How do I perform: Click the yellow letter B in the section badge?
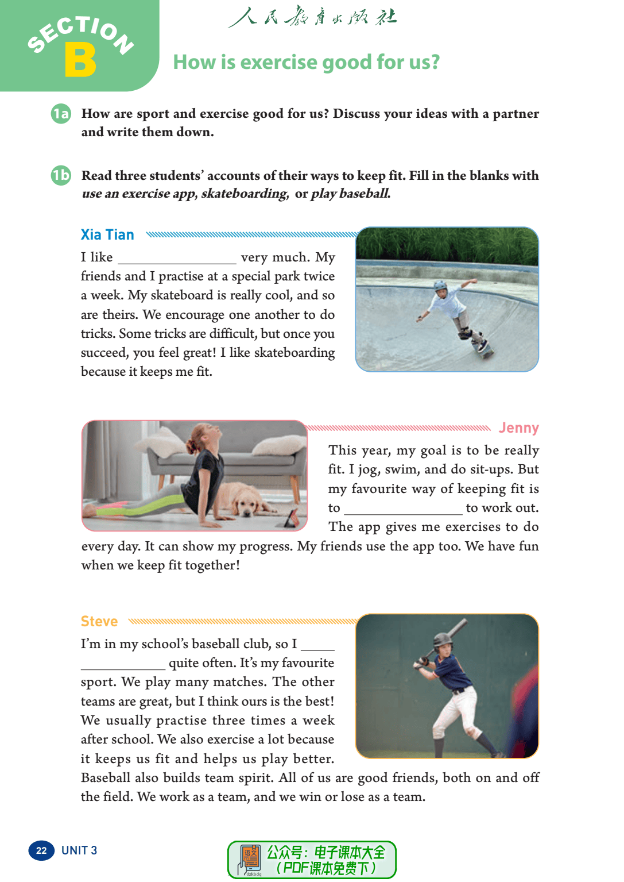coord(80,60)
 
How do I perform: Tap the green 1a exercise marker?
coord(60,114)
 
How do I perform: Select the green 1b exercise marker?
coord(60,175)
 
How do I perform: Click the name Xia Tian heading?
coord(107,234)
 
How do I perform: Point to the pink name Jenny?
coord(518,427)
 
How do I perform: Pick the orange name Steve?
coord(99,621)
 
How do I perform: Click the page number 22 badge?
coord(41,850)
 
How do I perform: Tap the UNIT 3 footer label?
coord(79,850)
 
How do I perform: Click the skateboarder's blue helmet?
coord(440,285)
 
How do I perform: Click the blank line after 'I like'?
coord(177,259)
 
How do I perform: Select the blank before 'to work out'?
coord(403,509)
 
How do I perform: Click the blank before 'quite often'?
coord(123,664)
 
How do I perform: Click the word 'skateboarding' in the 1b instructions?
coord(244,194)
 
